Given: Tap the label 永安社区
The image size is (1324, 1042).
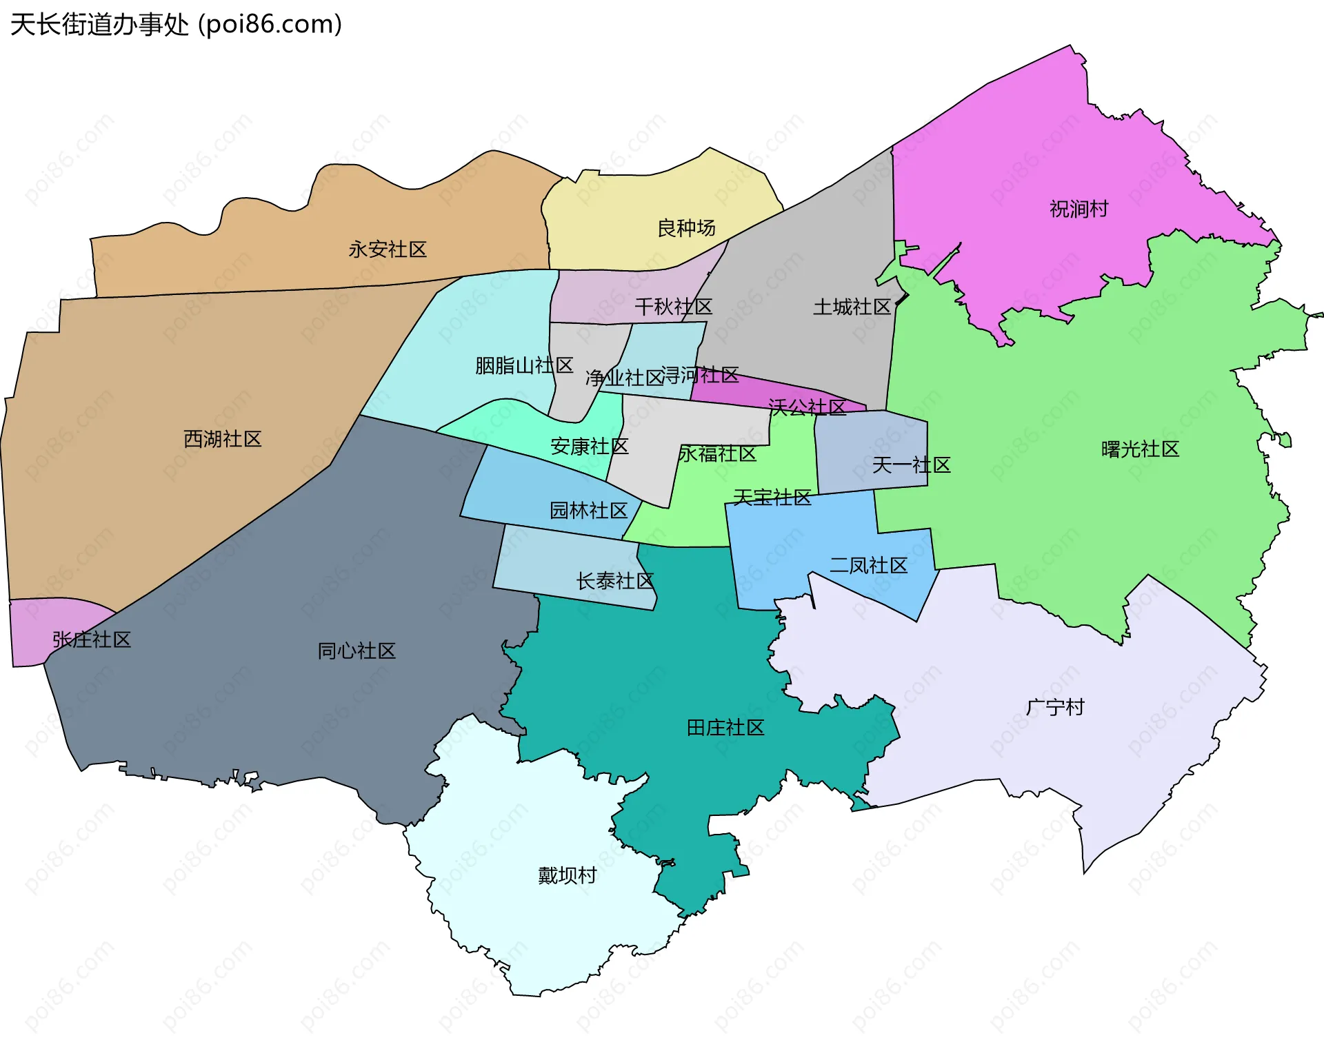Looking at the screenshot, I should (388, 249).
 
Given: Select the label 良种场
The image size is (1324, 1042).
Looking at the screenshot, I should (686, 228).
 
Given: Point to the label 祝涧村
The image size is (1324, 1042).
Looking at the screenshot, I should (1079, 209).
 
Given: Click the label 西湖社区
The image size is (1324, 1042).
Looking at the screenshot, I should (223, 439).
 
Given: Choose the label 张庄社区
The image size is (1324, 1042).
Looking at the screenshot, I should (92, 640).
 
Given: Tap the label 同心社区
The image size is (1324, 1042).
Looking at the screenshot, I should (357, 651).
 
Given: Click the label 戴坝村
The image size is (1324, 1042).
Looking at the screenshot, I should (567, 875).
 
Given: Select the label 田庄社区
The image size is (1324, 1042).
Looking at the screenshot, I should (725, 728).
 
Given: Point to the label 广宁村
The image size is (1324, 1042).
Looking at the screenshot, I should (1055, 707).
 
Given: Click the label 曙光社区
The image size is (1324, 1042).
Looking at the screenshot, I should (1140, 449).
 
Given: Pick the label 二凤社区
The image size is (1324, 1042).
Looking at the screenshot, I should (868, 566).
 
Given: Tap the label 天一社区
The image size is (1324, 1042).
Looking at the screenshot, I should (911, 465).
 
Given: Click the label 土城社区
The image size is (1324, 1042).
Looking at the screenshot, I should (852, 307).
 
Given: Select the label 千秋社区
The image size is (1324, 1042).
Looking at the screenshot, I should (673, 307).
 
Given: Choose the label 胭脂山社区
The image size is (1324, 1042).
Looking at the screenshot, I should (524, 365).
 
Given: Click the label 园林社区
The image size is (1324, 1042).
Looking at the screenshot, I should (588, 511).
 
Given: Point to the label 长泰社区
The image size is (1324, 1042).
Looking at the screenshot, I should (614, 581).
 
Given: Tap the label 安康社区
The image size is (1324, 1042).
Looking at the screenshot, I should (589, 447).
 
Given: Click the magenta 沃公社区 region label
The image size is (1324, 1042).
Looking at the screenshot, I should (807, 407).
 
